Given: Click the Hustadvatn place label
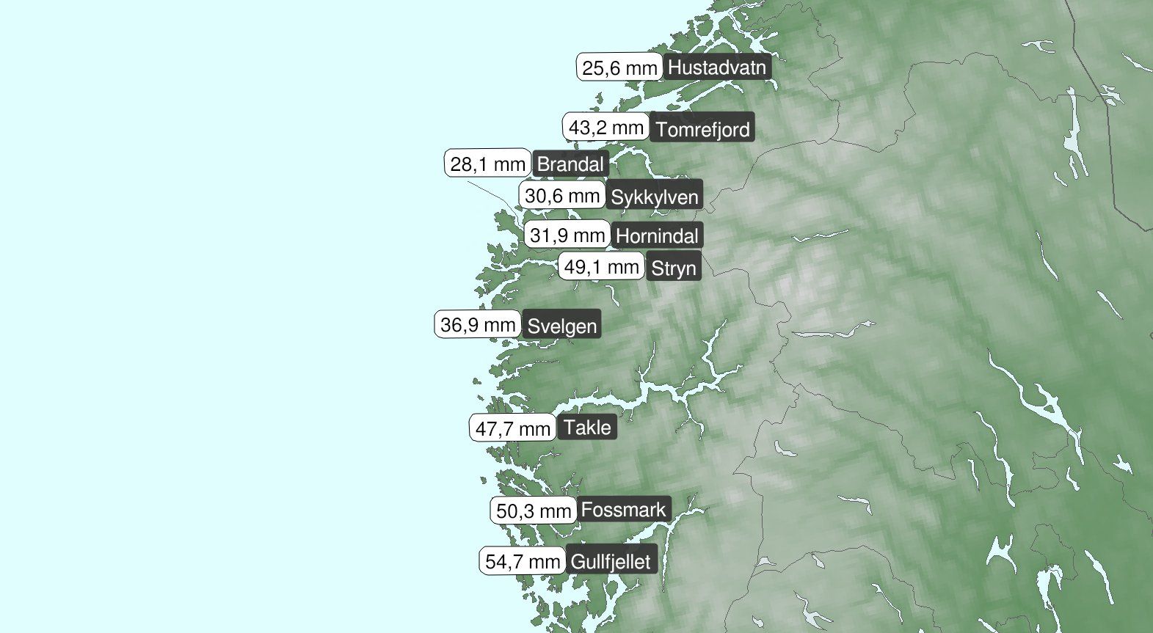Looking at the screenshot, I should [x=717, y=68].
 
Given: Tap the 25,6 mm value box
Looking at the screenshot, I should [x=619, y=68].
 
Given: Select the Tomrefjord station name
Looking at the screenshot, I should [x=702, y=130].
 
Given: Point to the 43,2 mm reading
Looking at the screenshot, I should [x=606, y=128].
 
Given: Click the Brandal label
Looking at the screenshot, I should [x=570, y=164].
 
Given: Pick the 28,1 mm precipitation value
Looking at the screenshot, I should [x=487, y=164].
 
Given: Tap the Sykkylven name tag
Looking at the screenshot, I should [x=655, y=197].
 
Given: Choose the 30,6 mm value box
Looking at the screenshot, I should [x=562, y=196].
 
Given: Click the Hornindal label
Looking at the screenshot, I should [x=657, y=236].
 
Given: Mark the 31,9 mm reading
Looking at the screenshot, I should [x=567, y=235].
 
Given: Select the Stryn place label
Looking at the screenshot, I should [x=673, y=268].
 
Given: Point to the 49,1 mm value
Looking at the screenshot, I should [x=602, y=267].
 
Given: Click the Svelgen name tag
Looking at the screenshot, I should [x=562, y=326].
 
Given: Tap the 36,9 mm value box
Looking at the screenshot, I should [x=478, y=324].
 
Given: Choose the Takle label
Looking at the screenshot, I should [x=587, y=428].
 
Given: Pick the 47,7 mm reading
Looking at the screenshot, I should [x=513, y=428].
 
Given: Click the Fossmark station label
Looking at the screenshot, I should [x=624, y=509].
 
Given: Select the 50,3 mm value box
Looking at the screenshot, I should [x=534, y=511].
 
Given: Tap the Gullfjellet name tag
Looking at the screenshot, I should [x=610, y=563].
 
